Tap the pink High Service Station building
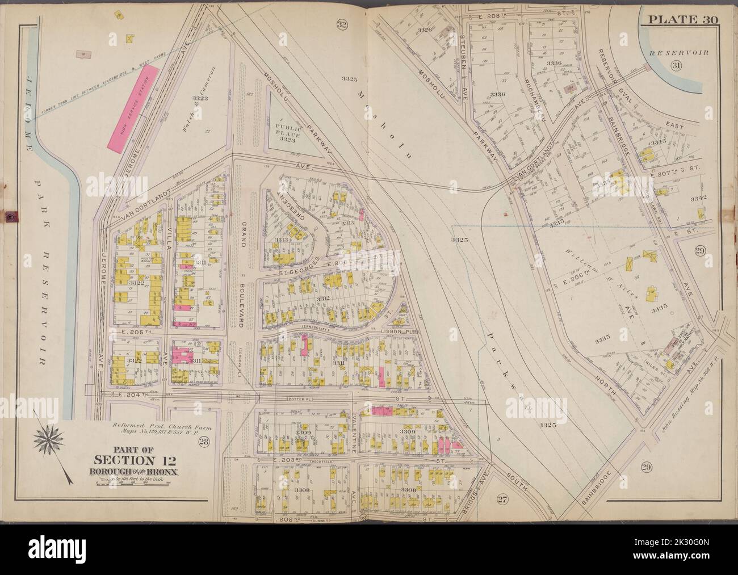(133, 107)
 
